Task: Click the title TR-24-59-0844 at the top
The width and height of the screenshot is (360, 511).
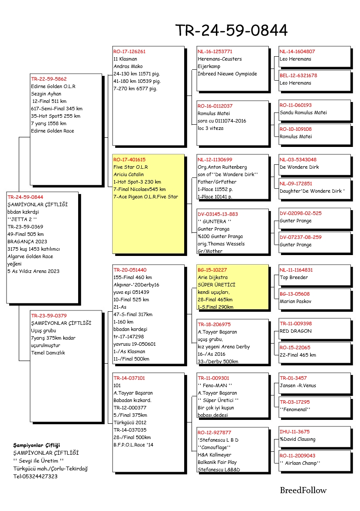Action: click(x=231, y=31)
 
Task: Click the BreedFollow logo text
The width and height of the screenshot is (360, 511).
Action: click(x=303, y=491)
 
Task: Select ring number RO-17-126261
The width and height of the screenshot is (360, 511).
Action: click(x=130, y=51)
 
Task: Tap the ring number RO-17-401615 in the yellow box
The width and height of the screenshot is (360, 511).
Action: click(x=130, y=160)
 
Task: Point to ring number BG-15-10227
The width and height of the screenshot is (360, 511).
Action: click(x=212, y=270)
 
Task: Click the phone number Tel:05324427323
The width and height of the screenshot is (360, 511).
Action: click(x=35, y=476)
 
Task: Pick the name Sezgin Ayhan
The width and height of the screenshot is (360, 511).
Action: click(x=46, y=94)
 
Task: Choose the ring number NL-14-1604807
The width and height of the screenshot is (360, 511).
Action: click(x=297, y=51)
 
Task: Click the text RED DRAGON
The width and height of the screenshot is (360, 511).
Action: click(x=296, y=331)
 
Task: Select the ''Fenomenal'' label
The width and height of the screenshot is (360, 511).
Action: click(x=295, y=409)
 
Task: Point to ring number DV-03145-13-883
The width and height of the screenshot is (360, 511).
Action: click(x=218, y=214)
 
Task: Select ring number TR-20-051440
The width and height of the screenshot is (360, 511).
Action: click(x=130, y=270)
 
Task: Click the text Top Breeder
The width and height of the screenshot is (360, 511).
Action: click(x=294, y=277)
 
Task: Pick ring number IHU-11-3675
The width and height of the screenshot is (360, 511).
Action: click(x=295, y=432)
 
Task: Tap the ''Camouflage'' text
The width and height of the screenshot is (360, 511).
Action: click(x=214, y=447)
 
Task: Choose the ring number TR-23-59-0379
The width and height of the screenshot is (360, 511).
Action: click(x=49, y=315)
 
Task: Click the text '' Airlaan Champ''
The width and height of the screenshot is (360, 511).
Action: click(x=300, y=463)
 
